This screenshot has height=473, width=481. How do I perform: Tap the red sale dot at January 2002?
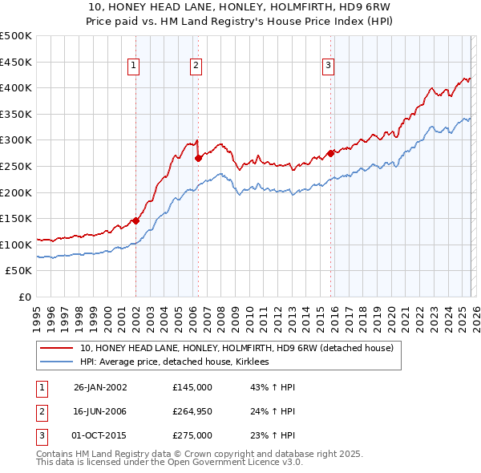coord(135,220)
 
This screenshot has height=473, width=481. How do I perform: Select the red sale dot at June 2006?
coord(198,159)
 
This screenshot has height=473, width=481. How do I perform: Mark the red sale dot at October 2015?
coord(330,153)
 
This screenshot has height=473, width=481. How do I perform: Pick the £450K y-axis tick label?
coord(16,62)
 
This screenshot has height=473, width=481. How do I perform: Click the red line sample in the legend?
coord(57,349)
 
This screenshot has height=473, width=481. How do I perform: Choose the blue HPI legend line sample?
coord(57,362)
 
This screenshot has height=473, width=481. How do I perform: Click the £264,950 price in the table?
coord(192,411)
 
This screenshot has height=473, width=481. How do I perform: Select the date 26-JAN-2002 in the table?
coord(100,387)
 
